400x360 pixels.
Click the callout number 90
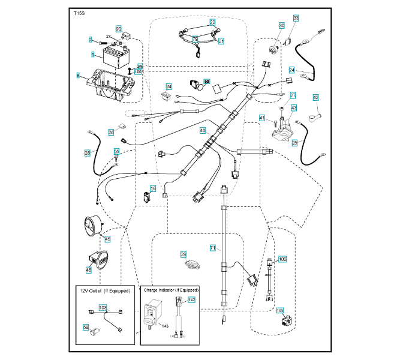pyautogui.click(x=118, y=29)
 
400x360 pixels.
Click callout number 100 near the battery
pyautogui.click(x=138, y=71)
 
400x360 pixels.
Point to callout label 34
pyautogui.click(x=169, y=86)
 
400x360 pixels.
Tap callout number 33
pyautogui.click(x=296, y=19)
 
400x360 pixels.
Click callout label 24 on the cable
pyautogui.click(x=291, y=70)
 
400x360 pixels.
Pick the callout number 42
pyautogui.click(x=315, y=97)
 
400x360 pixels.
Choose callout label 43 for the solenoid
pyautogui.click(x=294, y=108)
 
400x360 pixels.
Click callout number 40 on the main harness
pyautogui.click(x=202, y=130)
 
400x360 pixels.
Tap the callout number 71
pyautogui.click(x=212, y=247)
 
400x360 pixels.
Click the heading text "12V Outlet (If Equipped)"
pyautogui.click(x=105, y=291)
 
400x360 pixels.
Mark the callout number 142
pyautogui.click(x=191, y=299)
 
